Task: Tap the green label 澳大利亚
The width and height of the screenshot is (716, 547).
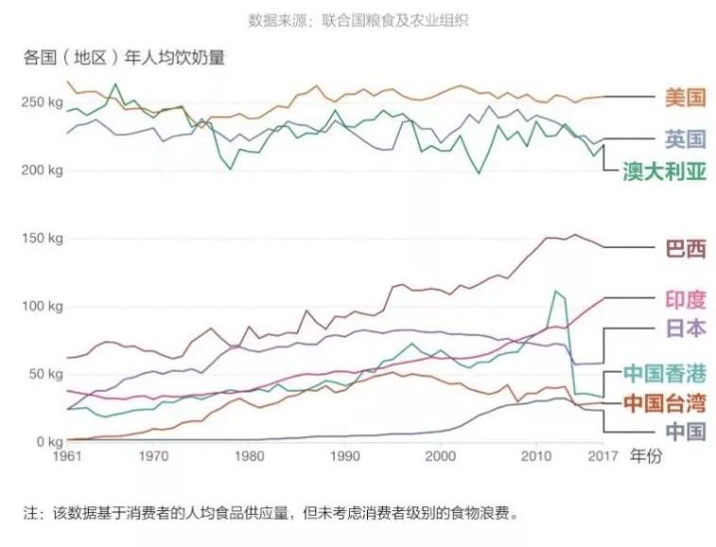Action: point(665,171)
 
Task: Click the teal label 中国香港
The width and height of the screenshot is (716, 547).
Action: point(665,372)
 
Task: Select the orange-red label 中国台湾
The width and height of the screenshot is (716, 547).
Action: point(665,403)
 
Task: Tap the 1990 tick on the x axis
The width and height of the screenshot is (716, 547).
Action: point(344,456)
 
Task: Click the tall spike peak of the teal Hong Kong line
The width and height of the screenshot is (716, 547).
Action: point(555,291)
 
